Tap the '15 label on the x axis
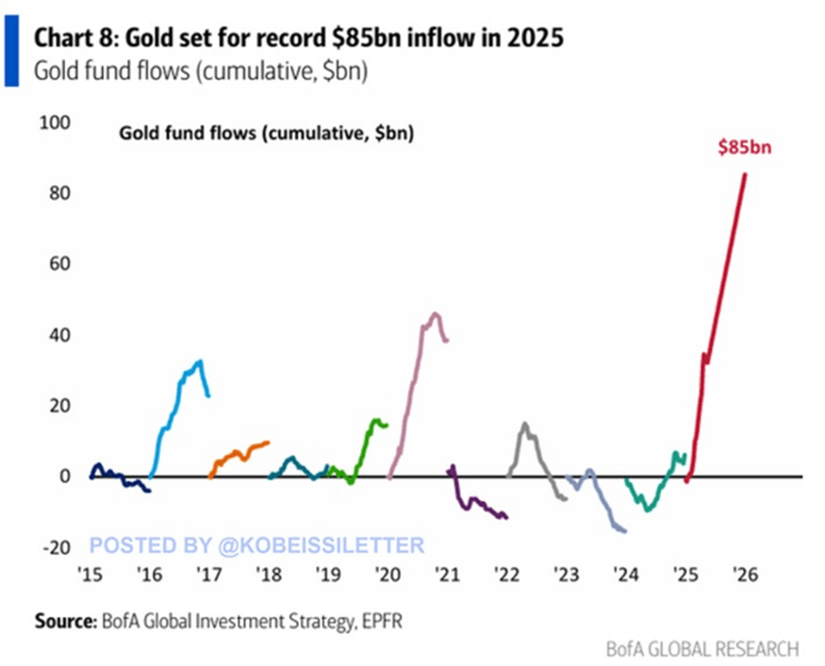tap(89, 573)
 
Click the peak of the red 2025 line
tap(746, 173)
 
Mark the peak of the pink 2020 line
tap(435, 314)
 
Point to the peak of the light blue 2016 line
tap(199, 361)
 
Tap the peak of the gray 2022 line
tap(524, 425)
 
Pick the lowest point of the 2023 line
tap(623, 530)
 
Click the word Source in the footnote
tap(63, 621)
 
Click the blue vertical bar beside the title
tap(11, 51)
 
